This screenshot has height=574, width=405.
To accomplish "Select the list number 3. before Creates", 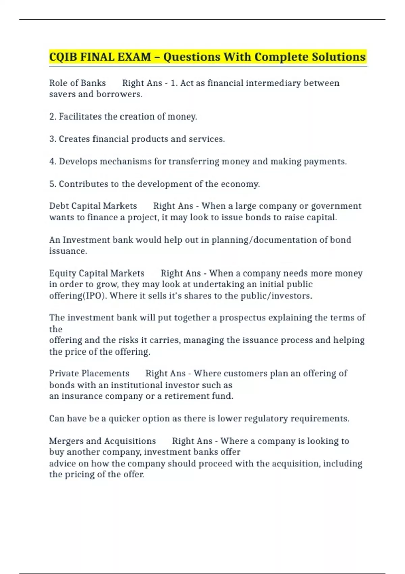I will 52,139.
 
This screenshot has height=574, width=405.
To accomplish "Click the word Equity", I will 63,273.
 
